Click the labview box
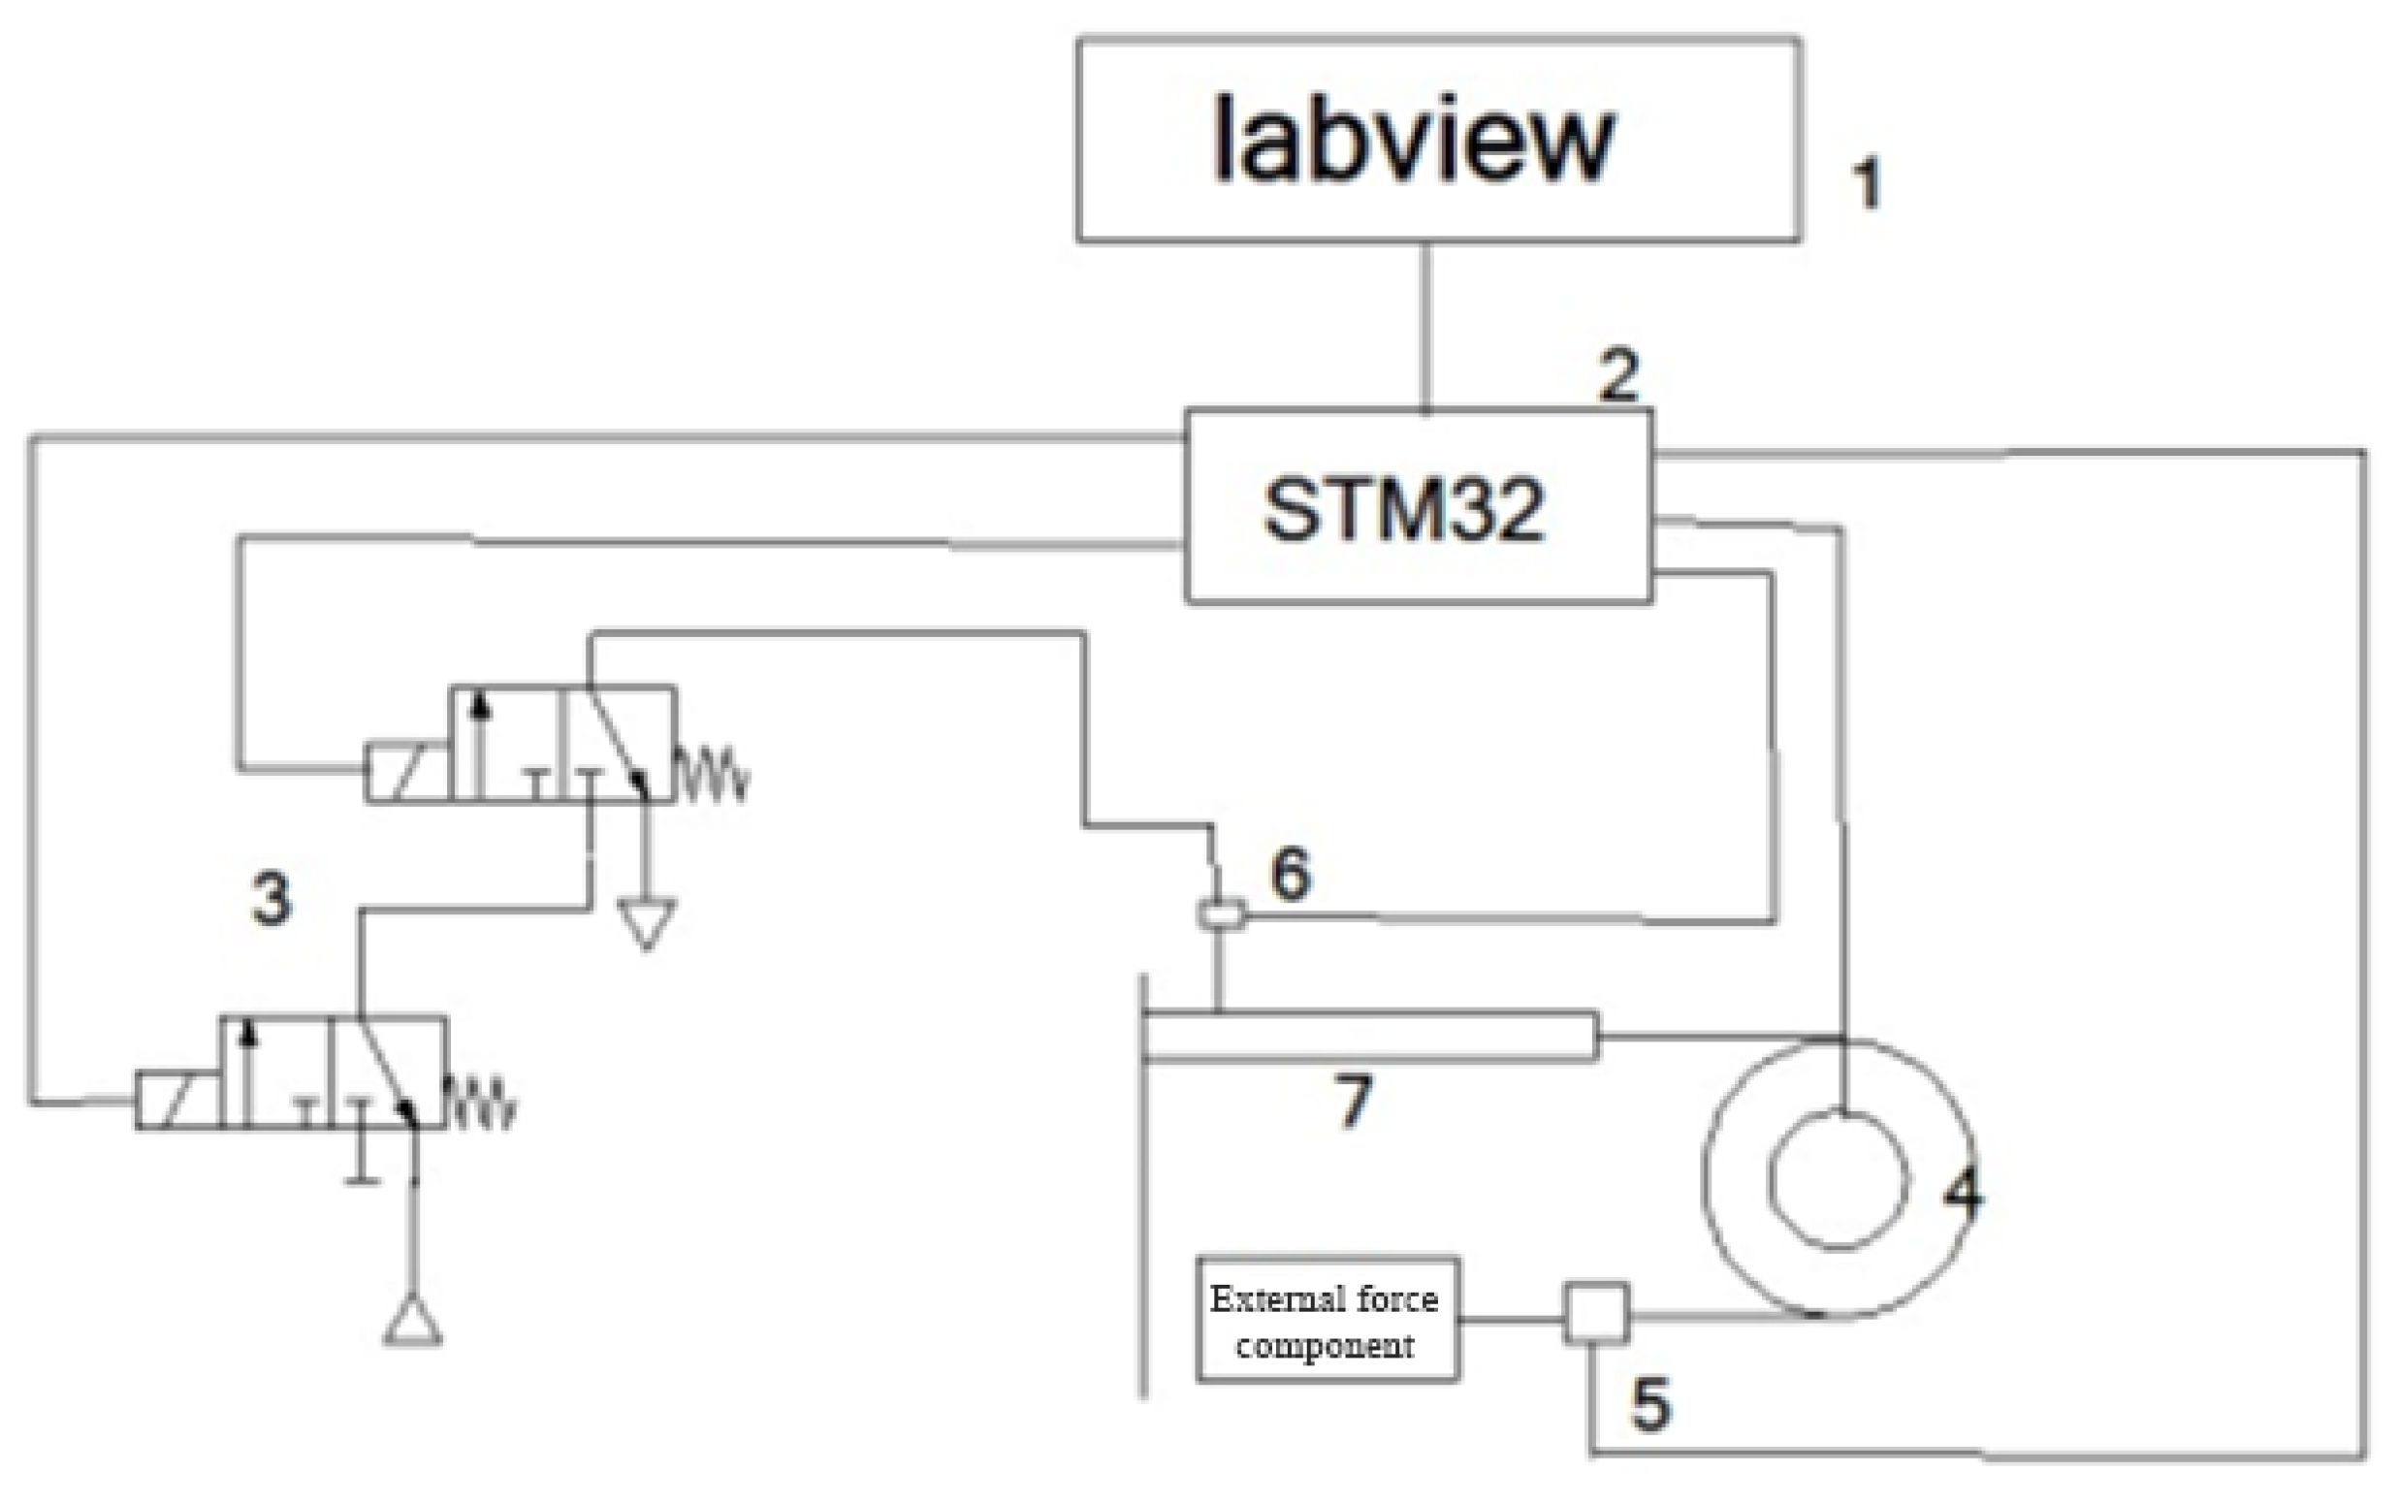click(1437, 140)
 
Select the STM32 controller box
click(1418, 507)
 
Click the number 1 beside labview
click(1867, 184)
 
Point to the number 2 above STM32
click(1618, 375)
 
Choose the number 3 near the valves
click(272, 898)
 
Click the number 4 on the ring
click(1963, 1191)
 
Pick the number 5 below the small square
click(1650, 1404)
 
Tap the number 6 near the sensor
click(1291, 874)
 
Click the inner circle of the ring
click(1838, 1179)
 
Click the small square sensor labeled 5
click(1596, 1314)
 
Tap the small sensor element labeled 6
click(1221, 913)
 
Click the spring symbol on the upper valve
click(712, 774)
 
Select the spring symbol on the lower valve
click(482, 1103)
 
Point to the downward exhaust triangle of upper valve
click(647, 923)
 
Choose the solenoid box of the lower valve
click(177, 1101)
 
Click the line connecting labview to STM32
click(1425, 326)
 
